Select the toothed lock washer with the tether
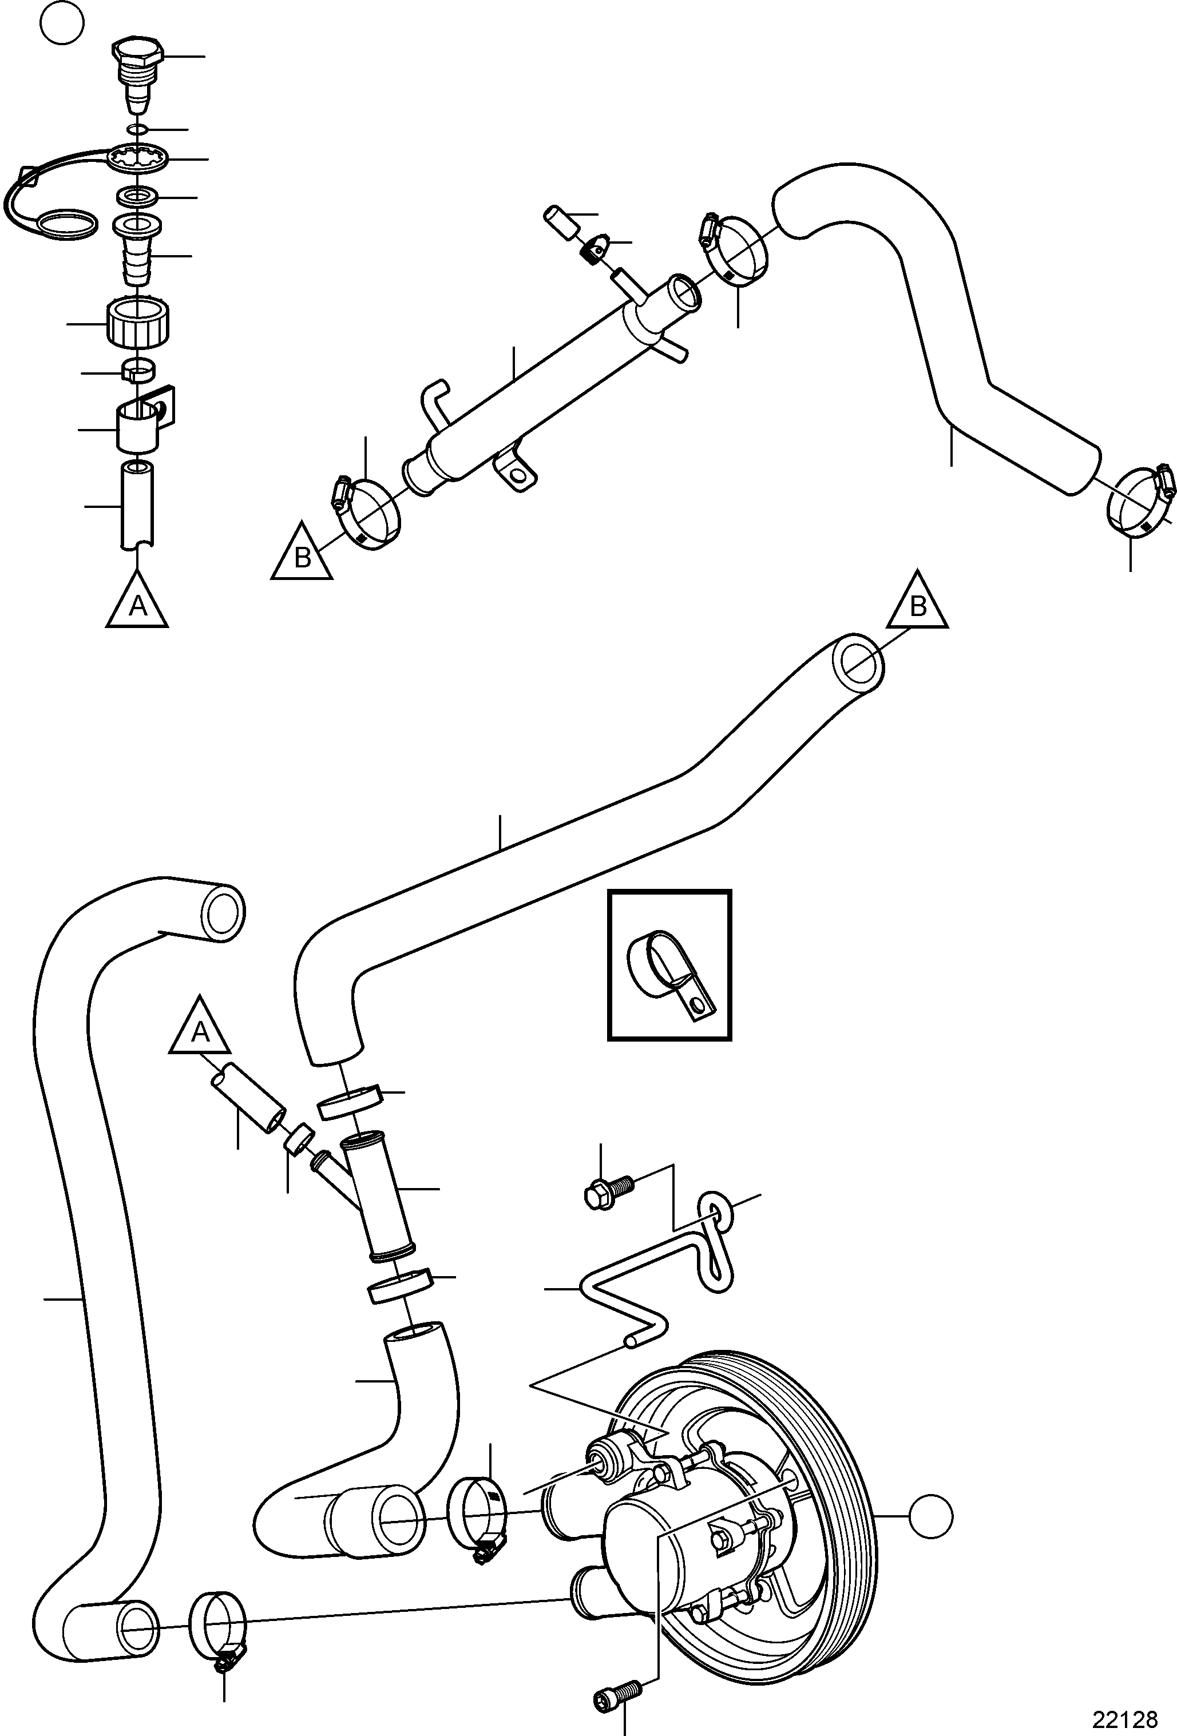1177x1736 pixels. point(137,158)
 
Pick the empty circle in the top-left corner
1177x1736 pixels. point(62,25)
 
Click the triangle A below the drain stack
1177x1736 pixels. point(137,602)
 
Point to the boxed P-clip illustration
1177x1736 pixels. point(669,965)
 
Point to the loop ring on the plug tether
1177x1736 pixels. point(66,222)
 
